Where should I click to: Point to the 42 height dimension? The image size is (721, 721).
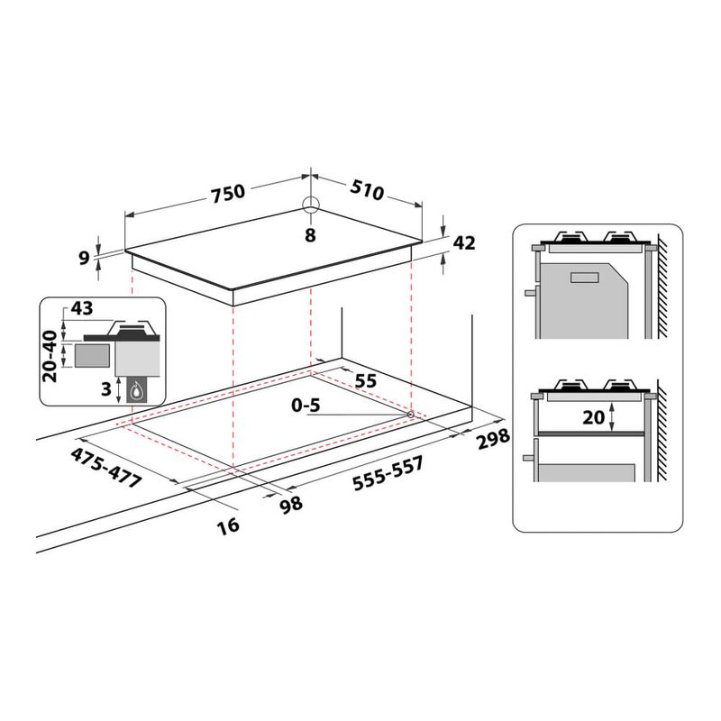[464, 242]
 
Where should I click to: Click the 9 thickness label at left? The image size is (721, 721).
[85, 259]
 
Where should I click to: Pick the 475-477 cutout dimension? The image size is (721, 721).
[106, 466]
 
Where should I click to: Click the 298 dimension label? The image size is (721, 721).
[493, 441]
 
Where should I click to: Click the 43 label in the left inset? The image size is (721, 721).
[82, 308]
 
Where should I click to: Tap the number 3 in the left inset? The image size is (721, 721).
[105, 389]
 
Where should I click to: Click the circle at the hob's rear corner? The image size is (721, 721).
[310, 205]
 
